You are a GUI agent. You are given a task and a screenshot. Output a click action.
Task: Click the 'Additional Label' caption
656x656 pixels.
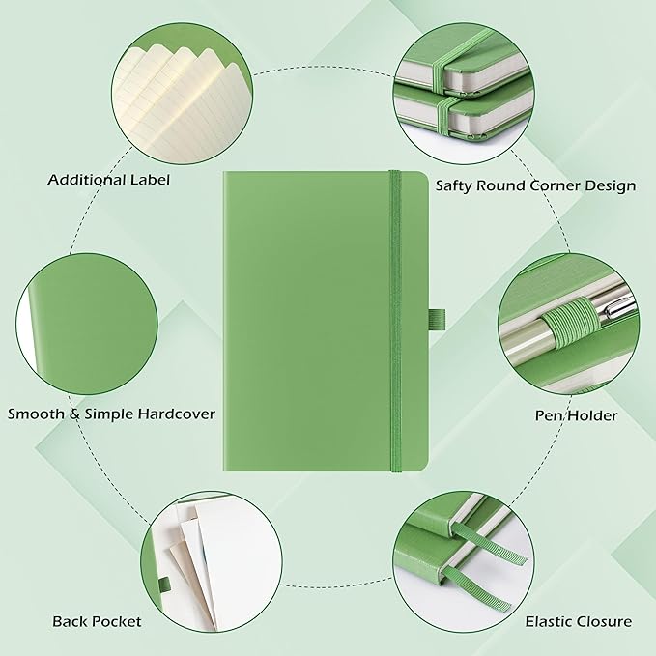tap(108, 179)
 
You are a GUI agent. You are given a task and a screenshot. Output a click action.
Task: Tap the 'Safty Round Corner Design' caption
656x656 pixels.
tap(535, 185)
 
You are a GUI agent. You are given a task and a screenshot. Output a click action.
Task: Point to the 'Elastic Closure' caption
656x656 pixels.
tap(578, 621)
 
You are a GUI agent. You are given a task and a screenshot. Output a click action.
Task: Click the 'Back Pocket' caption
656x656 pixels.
tap(97, 621)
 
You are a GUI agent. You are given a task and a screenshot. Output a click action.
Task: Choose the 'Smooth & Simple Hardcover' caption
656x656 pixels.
tap(111, 414)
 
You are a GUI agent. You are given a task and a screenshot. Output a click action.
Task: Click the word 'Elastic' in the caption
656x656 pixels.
tap(550, 621)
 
